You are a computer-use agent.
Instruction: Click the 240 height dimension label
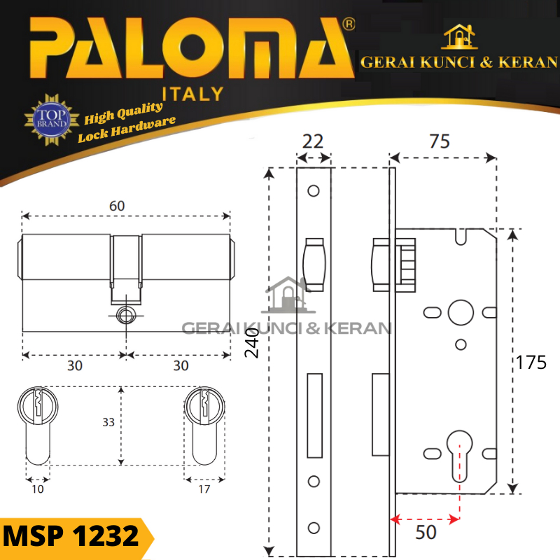252,343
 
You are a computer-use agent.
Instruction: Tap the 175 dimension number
531,363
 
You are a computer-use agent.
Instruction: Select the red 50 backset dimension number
426,532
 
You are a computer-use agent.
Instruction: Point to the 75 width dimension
440,141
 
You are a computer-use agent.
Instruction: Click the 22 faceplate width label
313,141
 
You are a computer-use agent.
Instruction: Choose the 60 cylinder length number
117,206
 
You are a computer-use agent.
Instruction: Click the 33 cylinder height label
108,422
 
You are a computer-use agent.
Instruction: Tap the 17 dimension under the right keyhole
204,489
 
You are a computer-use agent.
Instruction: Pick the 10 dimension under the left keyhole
38,489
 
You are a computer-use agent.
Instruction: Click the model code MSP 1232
71,536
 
